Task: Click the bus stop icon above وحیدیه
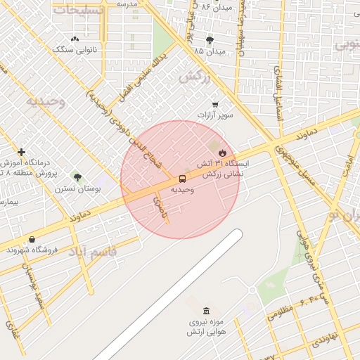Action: (x=182, y=179)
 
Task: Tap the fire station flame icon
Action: (x=222, y=152)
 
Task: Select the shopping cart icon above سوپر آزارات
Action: (x=215, y=104)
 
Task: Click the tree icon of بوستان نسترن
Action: (x=77, y=177)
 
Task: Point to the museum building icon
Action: (x=205, y=311)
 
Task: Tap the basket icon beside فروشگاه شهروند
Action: (x=32, y=240)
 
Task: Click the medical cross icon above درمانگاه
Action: (x=22, y=152)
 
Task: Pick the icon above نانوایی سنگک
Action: (x=75, y=39)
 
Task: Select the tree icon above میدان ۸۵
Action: (x=210, y=41)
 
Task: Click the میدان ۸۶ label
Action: (x=215, y=6)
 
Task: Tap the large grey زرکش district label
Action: (x=195, y=77)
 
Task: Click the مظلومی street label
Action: (x=280, y=311)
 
